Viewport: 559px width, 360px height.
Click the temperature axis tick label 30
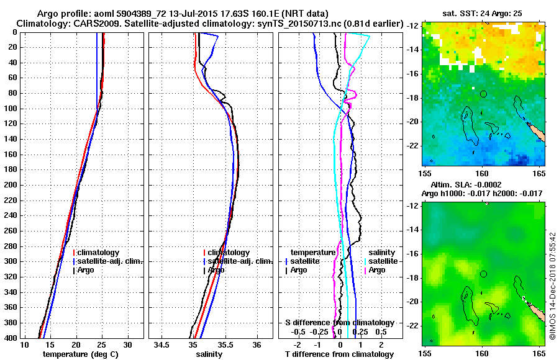(x=127, y=345)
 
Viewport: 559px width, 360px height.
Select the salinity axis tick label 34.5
(x=163, y=345)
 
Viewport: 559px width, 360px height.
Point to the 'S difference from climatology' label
(x=339, y=323)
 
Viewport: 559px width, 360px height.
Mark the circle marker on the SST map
(x=483, y=94)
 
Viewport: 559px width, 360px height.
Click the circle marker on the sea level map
(x=483, y=274)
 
